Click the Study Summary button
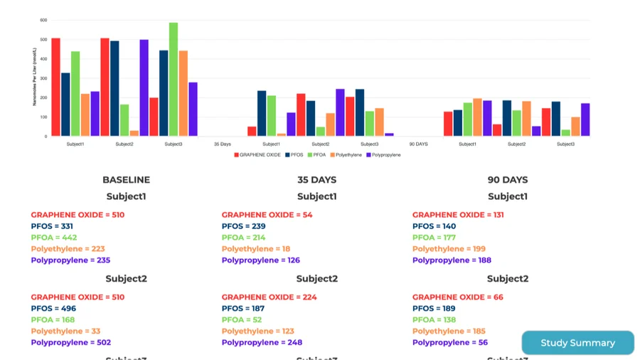pos(577,343)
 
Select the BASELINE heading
pos(126,180)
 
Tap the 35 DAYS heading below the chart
pos(316,180)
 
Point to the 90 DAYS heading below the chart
pos(507,180)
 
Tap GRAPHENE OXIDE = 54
pos(267,215)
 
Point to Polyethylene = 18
pos(255,249)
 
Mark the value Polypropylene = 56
pos(450,343)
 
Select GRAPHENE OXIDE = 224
pos(269,297)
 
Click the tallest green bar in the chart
pos(174,79)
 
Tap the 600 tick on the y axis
pos(43,21)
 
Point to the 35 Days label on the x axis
pos(223,144)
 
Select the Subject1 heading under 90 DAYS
pos(507,196)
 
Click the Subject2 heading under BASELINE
pos(126,279)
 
